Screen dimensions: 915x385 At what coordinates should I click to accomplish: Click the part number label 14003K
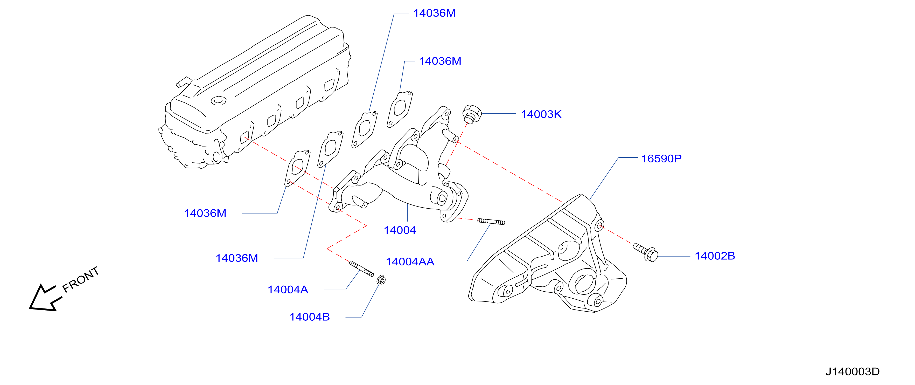click(541, 114)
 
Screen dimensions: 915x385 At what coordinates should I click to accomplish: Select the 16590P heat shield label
click(661, 159)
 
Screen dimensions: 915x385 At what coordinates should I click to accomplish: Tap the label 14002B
click(715, 256)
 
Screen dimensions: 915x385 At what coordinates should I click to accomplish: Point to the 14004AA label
click(410, 262)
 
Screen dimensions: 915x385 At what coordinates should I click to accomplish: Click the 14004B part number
click(309, 317)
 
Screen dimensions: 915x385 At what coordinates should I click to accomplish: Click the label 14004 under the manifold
click(400, 230)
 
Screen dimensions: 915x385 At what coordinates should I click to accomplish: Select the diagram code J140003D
click(853, 372)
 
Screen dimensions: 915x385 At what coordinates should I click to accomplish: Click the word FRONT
click(80, 279)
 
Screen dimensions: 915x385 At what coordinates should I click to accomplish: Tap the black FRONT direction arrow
click(45, 298)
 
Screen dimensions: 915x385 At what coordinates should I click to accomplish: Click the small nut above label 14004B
click(381, 280)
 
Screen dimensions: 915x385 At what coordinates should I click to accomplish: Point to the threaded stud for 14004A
click(361, 269)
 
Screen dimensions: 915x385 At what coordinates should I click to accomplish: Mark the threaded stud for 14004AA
click(491, 222)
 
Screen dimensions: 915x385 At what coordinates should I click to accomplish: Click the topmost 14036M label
click(434, 13)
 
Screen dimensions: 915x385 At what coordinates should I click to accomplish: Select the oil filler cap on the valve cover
click(219, 101)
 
